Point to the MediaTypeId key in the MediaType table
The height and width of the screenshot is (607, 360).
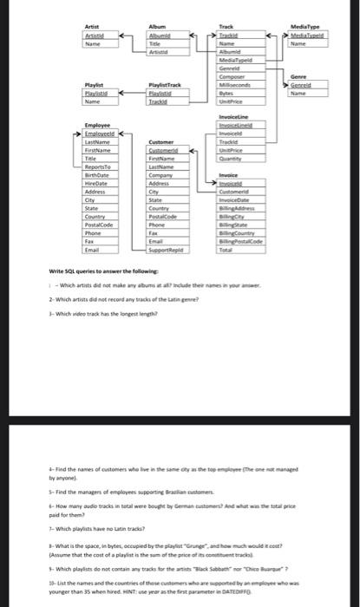(312, 36)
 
